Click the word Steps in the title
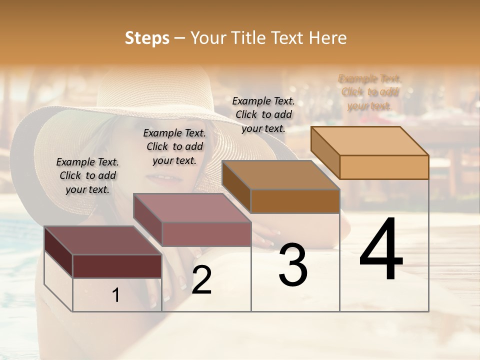coord(147,38)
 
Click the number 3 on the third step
coord(293,264)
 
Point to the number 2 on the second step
coord(201,280)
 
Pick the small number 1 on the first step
coord(116,295)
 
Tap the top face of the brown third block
coord(280,175)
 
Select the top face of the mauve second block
coord(192,208)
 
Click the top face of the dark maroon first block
coord(103,240)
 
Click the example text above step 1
coord(87,176)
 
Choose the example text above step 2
coord(174,146)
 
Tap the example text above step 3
coord(263,114)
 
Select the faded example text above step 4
coord(370,92)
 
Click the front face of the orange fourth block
coord(384,167)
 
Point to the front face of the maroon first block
coord(117,266)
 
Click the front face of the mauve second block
coord(206,234)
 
